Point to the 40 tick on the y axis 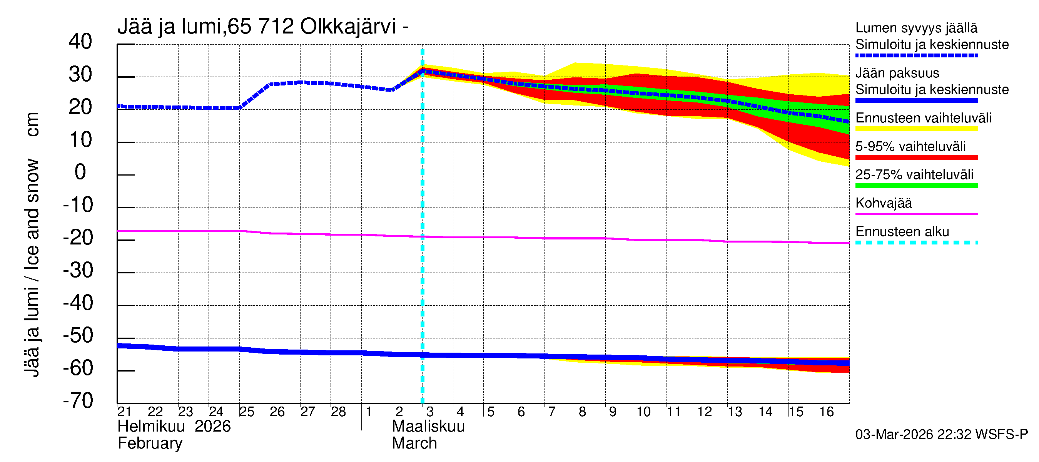click(80, 42)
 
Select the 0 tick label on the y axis click(80, 172)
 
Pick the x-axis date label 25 click(246, 412)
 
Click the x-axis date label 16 click(826, 412)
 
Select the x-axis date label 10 click(643, 412)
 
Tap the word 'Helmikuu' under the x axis click(151, 427)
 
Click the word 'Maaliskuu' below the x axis click(428, 427)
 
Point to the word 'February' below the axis click(150, 444)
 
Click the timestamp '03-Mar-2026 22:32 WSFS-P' click(941, 435)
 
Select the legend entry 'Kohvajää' click(883, 203)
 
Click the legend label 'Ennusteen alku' click(902, 232)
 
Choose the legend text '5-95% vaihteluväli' click(910, 146)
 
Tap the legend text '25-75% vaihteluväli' click(914, 175)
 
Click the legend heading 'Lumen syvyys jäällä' click(916, 28)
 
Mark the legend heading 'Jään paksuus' click(897, 73)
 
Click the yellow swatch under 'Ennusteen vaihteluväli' click(916, 129)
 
